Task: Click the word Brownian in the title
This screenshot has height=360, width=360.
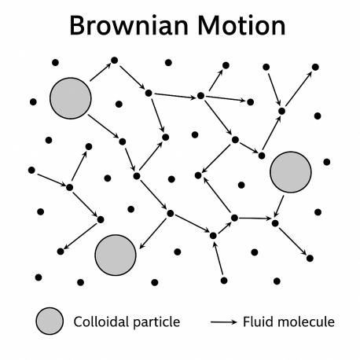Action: (129, 25)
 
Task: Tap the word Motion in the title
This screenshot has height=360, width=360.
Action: (241, 25)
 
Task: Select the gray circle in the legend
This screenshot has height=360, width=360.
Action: (50, 321)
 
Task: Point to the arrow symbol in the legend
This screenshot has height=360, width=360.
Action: (223, 321)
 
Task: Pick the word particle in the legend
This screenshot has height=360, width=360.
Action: (156, 322)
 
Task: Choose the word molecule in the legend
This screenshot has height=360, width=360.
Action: (300, 321)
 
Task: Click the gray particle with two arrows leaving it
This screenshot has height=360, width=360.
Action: (71, 98)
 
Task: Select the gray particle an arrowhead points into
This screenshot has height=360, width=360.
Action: (116, 255)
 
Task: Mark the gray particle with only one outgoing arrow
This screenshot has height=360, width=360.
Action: (291, 172)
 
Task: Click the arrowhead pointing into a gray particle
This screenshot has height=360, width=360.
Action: (141, 246)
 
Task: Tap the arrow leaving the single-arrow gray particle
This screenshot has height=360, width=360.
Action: (278, 207)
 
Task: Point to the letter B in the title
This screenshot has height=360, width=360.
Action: (77, 26)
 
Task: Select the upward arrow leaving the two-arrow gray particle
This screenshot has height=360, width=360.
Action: (101, 72)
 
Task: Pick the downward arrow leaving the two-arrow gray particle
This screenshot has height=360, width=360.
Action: (104, 126)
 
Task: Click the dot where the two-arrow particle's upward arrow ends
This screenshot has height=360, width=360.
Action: (114, 61)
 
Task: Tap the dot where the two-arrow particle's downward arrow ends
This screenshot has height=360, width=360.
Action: (123, 141)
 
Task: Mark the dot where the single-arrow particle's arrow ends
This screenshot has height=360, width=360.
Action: (275, 223)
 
